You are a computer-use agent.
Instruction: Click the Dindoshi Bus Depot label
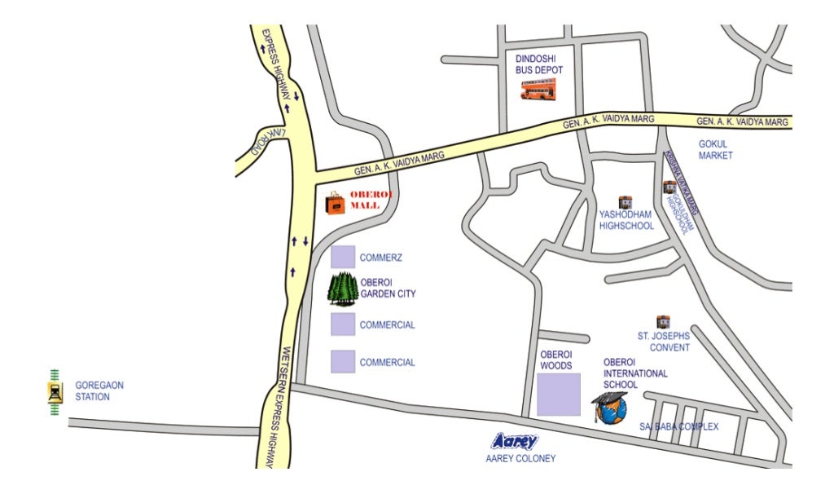538,64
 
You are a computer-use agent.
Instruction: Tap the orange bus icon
538,90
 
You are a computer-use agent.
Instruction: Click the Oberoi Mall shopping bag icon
335,203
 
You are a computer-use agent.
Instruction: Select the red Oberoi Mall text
371,201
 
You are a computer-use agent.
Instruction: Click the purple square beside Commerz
342,257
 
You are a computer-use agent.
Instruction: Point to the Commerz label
381,258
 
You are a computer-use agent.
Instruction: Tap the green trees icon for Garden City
343,289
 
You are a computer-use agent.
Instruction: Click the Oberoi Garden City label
388,289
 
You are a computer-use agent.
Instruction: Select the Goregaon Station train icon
55,392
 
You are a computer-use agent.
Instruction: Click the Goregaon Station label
92,390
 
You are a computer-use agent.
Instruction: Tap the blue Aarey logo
516,441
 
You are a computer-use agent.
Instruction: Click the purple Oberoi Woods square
558,395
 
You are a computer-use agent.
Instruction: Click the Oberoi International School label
634,373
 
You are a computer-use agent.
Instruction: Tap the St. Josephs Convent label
663,342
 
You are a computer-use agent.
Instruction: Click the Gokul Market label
715,149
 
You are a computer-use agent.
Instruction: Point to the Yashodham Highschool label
625,220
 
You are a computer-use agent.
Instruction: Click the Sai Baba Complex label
678,426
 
